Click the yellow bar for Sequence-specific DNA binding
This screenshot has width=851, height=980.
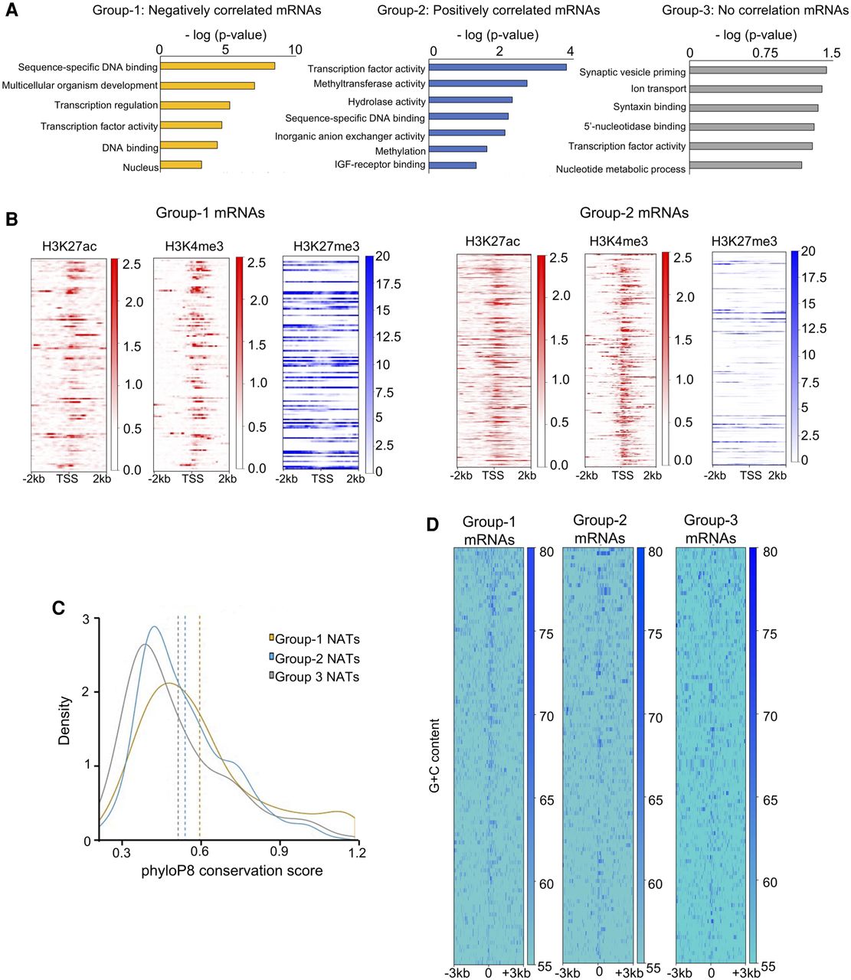(x=217, y=67)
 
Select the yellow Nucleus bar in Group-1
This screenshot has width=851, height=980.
(x=181, y=165)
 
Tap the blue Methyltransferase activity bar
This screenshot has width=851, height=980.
(x=477, y=83)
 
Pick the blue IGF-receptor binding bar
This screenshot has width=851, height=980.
(x=452, y=165)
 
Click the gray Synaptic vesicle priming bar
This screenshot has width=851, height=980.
(x=757, y=70)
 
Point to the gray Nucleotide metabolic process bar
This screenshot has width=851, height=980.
(x=745, y=165)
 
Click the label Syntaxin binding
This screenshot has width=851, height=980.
(x=649, y=107)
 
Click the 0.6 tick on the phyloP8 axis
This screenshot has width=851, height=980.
(x=200, y=852)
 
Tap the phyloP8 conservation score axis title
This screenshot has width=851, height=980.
(x=231, y=871)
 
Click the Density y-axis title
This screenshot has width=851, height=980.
(x=64, y=720)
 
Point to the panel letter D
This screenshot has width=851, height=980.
(x=432, y=524)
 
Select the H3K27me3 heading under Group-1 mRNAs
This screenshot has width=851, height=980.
(x=326, y=247)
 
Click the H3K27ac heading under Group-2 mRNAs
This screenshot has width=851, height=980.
(x=492, y=242)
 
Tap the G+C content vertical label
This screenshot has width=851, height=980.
(x=435, y=755)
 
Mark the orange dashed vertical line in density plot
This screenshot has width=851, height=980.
(x=200, y=727)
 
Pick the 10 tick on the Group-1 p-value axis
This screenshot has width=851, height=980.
(x=295, y=51)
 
